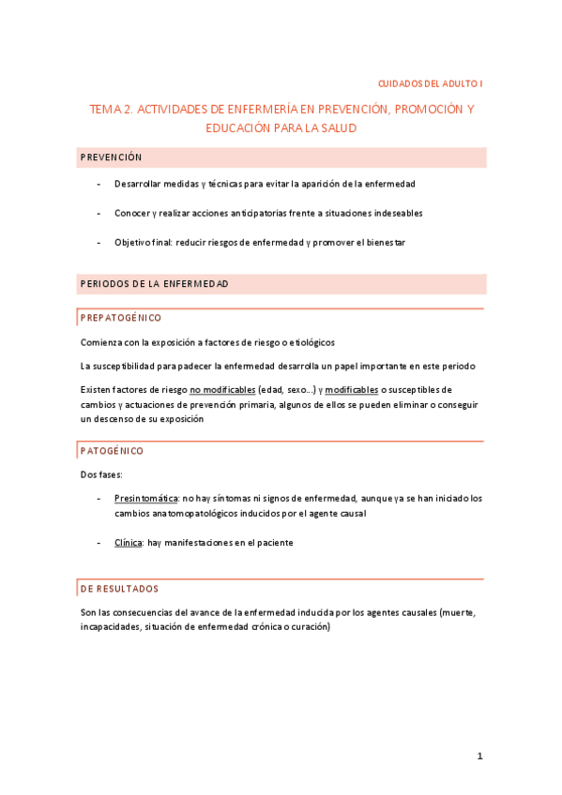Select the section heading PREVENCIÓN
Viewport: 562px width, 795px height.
111,157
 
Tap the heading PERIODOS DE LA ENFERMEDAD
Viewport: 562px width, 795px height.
154,283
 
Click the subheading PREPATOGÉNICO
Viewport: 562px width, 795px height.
121,318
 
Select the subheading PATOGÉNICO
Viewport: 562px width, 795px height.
112,451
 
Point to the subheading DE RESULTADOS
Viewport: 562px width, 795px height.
119,589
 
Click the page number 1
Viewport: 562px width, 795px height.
479,756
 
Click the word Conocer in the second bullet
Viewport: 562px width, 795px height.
132,213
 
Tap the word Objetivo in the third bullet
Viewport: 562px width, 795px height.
133,243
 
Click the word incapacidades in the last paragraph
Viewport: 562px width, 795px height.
112,627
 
